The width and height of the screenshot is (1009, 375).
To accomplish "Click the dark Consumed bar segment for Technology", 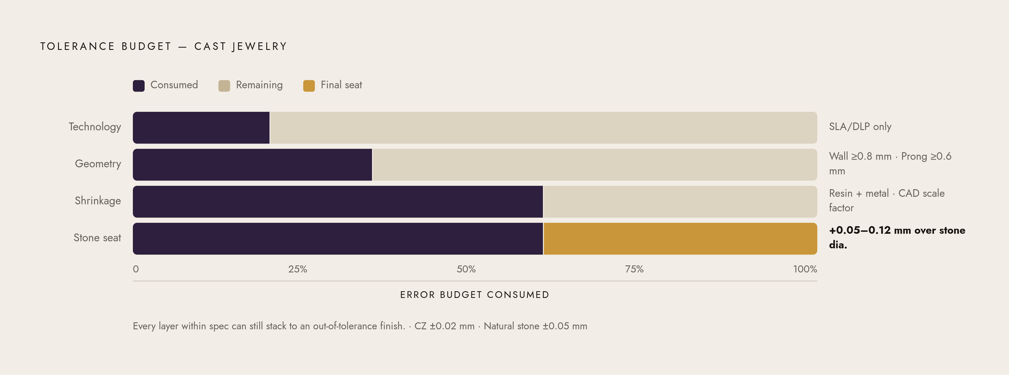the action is coord(201,128).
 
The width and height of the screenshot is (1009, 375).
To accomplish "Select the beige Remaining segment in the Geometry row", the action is coord(594,165).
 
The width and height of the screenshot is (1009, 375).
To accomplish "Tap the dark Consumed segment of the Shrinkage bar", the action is coord(338,202).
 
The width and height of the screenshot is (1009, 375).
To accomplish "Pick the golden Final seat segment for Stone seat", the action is coord(680,239).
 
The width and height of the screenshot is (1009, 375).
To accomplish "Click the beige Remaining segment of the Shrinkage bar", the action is coord(680,202).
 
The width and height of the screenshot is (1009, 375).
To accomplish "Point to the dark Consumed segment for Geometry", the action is coord(252,165).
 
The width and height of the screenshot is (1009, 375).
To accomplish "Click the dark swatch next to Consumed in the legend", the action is coord(139,86).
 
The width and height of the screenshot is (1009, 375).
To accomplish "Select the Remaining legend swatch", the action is coord(224,86).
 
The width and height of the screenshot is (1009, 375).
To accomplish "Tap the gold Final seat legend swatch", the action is coord(309,86).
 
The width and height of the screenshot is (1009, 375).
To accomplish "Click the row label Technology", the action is coord(95,127).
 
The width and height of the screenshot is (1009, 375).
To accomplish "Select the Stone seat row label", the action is coord(97,238).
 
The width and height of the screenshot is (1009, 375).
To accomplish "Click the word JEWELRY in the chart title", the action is coord(259,47).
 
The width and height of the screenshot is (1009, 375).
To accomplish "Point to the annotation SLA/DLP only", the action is coord(860,127).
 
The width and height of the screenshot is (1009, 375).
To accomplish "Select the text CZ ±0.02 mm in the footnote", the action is coord(445,326).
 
